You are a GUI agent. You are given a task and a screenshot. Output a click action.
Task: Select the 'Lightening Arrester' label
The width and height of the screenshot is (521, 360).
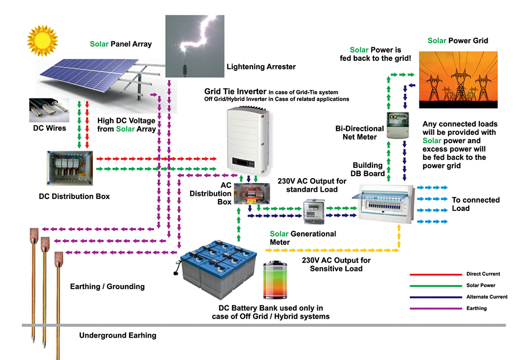261,67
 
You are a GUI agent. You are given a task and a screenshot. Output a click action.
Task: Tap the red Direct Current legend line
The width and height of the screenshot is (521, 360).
433,274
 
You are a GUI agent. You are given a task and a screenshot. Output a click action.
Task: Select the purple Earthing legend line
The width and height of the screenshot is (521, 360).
433,308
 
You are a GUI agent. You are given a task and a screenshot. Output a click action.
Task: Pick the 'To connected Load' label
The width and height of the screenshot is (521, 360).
475,204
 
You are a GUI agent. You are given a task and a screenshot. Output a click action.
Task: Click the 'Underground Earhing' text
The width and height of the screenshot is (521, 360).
117,336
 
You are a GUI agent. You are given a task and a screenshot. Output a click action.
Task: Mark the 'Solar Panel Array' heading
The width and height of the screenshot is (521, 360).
120,44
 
